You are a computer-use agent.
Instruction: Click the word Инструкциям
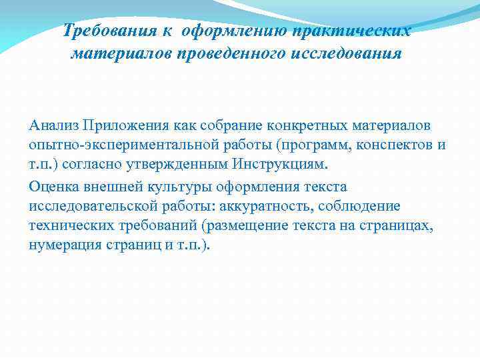point(283,165)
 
